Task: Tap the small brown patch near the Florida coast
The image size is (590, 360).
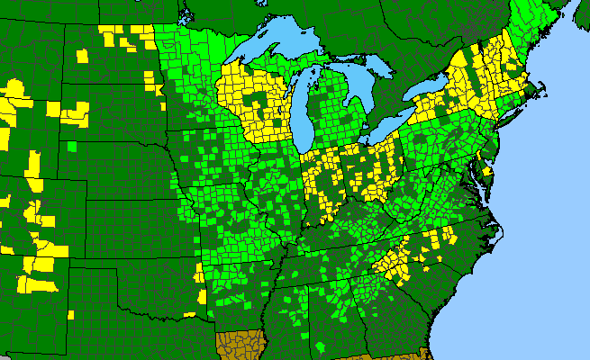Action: click(x=423, y=354)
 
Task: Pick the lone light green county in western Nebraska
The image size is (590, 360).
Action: click(x=70, y=147)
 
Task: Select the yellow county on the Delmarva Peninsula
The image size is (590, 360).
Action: click(x=488, y=171)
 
